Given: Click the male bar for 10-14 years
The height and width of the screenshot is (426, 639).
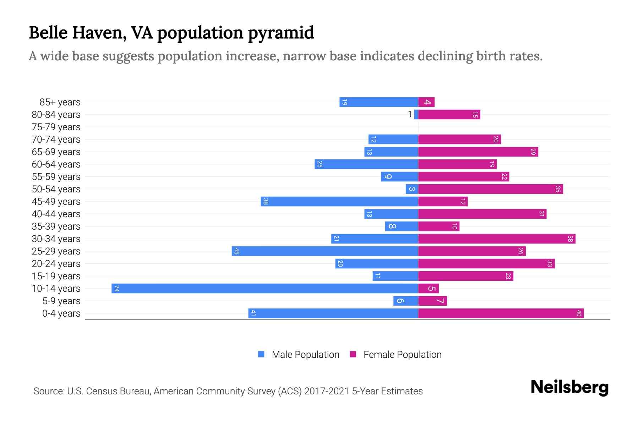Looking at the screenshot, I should pos(264,288).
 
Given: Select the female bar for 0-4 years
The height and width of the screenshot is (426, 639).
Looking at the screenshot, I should pos(501,313).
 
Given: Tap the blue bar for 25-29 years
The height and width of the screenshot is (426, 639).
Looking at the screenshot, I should pos(325,251).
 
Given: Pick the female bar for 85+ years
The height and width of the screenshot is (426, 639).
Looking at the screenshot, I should pos(426,102).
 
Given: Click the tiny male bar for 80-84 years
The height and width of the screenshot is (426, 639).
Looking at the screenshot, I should pos(416,114).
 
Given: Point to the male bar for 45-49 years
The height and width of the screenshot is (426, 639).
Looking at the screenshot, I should pos(339,201).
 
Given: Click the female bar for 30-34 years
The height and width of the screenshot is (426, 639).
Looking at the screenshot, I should pos(497,239).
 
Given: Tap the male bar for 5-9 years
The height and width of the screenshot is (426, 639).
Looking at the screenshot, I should pos(405,301).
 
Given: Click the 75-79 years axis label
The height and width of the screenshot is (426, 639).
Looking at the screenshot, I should pos(56,127).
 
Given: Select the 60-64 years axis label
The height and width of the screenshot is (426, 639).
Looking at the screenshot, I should pos(56,164).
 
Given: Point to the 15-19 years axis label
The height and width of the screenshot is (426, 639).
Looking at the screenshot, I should pos(56,276).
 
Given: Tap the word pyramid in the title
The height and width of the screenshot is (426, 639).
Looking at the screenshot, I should pos(280,33).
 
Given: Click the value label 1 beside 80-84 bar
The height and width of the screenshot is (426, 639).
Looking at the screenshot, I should pos(410,114).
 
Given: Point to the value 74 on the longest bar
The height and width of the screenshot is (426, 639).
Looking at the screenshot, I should pos(116,288).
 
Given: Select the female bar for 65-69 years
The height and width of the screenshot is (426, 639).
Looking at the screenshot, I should pos(478,152).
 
